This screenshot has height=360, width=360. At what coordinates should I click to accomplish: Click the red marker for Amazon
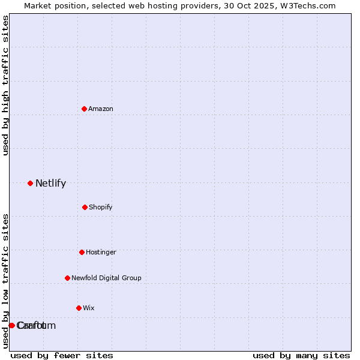[x=84, y=109]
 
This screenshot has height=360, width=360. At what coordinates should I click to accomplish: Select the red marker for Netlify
[x=30, y=183]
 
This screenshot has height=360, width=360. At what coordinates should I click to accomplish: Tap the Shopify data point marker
[x=85, y=207]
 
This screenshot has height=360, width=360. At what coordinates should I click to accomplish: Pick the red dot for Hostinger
[x=82, y=252]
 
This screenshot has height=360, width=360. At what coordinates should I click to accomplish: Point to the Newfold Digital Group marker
[x=67, y=278]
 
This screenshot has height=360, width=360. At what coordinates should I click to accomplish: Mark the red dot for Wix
[x=79, y=308]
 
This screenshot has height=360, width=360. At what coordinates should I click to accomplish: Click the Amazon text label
[x=101, y=109]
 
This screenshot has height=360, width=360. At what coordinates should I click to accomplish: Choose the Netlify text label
[x=50, y=183]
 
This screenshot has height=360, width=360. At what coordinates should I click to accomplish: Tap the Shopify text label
[x=101, y=207]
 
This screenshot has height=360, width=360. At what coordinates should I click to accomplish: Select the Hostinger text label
[x=101, y=252]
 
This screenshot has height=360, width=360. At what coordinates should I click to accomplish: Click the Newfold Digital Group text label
[x=106, y=278]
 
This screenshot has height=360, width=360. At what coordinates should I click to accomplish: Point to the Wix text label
[x=89, y=308]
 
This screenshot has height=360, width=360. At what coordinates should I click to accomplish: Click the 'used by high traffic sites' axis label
[x=5, y=85]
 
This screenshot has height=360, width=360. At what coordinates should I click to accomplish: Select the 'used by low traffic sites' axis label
[x=5, y=281]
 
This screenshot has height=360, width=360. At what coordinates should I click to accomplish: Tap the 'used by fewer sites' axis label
[x=62, y=355]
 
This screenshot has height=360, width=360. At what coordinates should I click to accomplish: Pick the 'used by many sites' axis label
[x=301, y=355]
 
